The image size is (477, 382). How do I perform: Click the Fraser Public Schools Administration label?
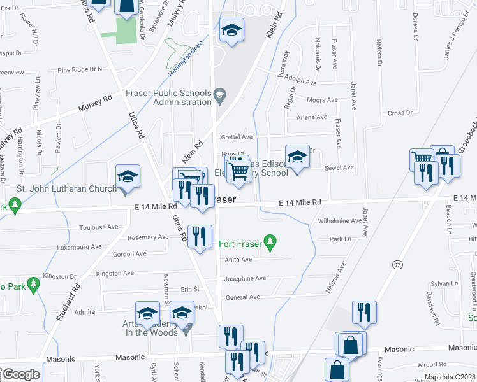[x=168, y=97]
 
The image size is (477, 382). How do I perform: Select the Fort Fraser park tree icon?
[x=271, y=241]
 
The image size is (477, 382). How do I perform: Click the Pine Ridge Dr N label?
[x=80, y=69]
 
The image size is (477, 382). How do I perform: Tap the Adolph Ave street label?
[x=302, y=82]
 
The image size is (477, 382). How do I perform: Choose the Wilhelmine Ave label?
[x=339, y=221]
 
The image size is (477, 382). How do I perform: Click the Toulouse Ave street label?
[x=98, y=227]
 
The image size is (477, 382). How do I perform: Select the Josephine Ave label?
[x=245, y=279]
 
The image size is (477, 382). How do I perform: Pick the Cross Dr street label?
[x=400, y=113]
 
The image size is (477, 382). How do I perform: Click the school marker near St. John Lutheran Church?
[x=128, y=176]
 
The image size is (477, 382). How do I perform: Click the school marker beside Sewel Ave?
[x=297, y=157]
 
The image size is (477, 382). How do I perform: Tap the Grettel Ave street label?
[x=237, y=137]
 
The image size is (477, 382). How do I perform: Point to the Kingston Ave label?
[x=114, y=273]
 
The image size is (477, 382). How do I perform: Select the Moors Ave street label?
[x=322, y=100]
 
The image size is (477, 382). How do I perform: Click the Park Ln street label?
[x=340, y=239]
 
